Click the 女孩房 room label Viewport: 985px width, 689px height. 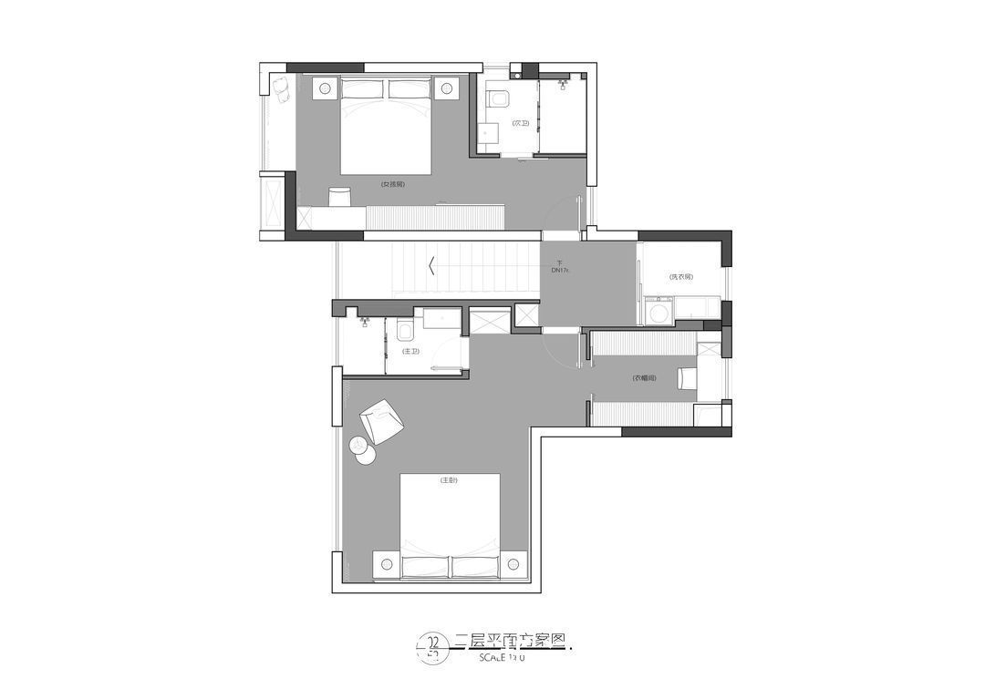(393, 184)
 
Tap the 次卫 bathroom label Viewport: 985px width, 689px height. (521, 122)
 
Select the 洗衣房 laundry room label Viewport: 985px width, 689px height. (681, 276)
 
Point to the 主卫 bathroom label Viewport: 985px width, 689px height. (410, 350)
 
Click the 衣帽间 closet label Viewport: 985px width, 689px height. (644, 377)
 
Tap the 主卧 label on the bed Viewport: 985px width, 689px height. (449, 479)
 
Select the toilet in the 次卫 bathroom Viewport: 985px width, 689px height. (498, 98)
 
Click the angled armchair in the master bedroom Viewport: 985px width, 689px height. (382, 421)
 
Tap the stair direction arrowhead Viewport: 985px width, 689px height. (431, 266)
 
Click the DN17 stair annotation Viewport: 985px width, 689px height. (560, 270)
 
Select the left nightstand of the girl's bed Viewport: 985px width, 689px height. (325, 88)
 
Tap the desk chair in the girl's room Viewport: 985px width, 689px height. (339, 196)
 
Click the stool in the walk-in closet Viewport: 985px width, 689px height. (686, 378)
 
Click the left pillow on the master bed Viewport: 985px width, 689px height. (425, 565)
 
